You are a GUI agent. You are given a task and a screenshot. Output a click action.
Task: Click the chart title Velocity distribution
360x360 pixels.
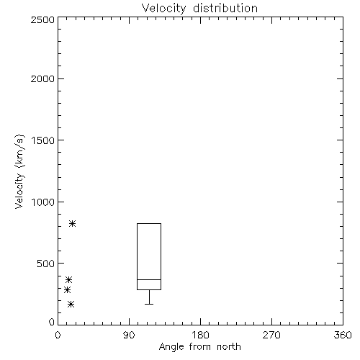pos(199,8)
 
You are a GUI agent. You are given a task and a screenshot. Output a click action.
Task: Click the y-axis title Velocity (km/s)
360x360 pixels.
pos(19,171)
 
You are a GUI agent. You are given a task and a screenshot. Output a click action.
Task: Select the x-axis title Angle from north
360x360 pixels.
pos(199,346)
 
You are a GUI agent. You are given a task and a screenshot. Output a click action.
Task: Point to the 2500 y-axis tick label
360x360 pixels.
pos(42,19)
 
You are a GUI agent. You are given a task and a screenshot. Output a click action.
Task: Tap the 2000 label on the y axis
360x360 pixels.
pos(42,78)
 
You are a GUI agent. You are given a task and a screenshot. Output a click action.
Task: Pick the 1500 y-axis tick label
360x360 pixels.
pos(43,140)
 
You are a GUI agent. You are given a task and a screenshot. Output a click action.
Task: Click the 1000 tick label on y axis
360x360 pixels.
pos(43,202)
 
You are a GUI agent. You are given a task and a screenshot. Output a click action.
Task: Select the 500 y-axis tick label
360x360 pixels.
pos(46,264)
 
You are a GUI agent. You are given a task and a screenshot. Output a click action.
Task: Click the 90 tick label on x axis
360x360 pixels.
pos(129,335)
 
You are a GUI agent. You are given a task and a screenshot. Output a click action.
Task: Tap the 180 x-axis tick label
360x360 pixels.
pos(200,335)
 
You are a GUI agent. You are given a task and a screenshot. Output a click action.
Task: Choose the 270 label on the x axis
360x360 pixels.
pos(271,335)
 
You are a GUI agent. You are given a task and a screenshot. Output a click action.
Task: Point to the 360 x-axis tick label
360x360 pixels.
pos(343,335)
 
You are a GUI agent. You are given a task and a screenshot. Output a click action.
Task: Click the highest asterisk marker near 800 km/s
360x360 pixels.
pos(73,224)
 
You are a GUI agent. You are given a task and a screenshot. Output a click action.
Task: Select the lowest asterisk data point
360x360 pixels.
pos(71,305)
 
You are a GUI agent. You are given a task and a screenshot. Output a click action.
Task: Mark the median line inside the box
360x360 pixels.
pos(149,279)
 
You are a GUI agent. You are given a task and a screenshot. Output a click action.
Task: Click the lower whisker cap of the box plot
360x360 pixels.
pos(149,304)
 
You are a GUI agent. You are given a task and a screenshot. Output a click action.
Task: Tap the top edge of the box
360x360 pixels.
pos(149,223)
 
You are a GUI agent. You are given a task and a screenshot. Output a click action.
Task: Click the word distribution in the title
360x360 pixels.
pos(225,8)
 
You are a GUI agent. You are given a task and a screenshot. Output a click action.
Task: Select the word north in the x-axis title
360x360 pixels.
pos(229,346)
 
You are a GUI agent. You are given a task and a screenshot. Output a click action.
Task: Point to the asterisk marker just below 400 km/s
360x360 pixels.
pos(69,280)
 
